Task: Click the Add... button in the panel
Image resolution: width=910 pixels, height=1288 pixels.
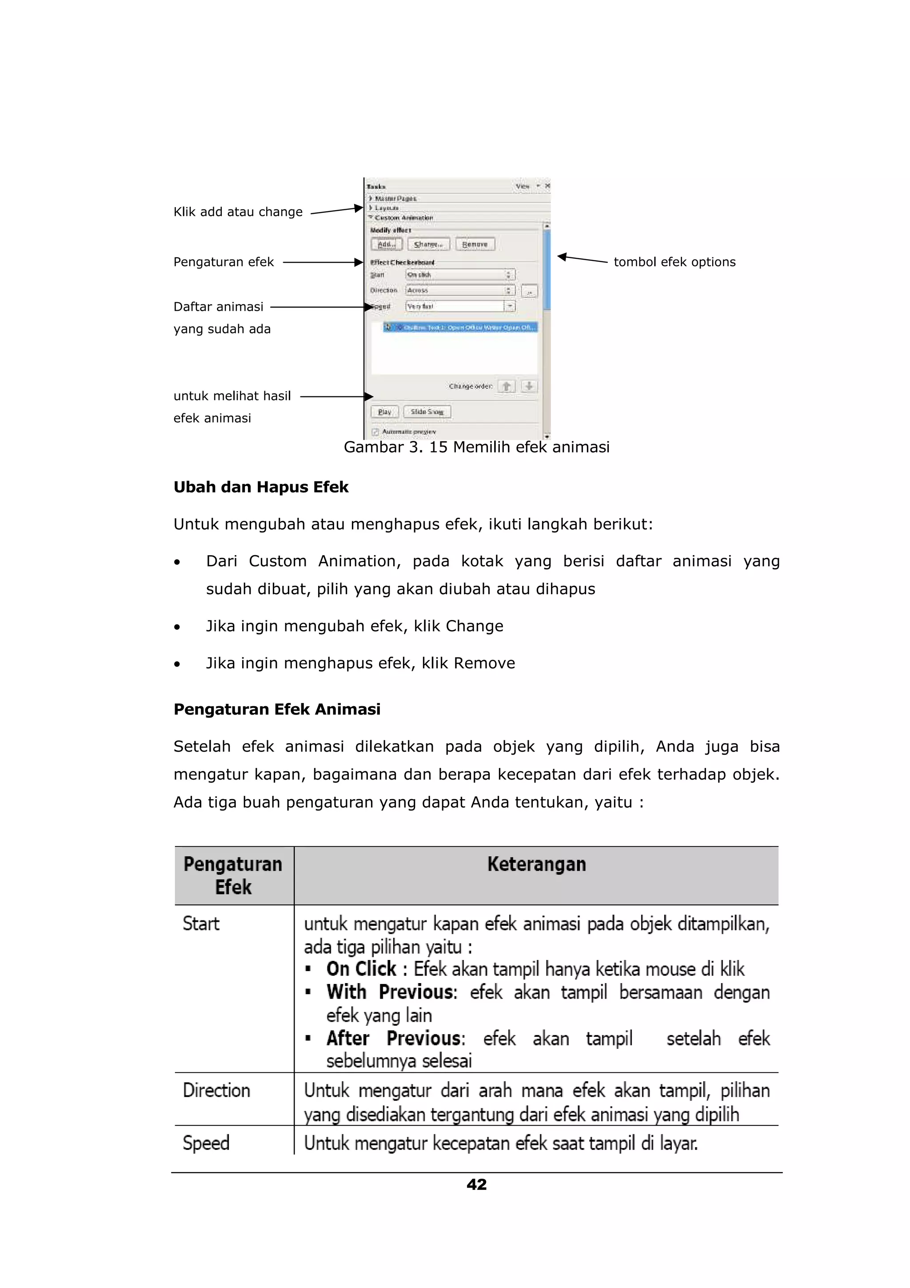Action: coord(386,244)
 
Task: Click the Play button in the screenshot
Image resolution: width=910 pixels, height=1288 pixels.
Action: coord(385,412)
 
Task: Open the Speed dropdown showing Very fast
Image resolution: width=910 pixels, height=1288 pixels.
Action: coord(509,306)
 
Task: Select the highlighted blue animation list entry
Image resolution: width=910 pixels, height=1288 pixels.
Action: coord(460,327)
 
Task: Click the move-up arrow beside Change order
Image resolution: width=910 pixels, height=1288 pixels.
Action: coord(506,386)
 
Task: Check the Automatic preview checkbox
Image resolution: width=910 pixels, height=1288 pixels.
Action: coord(375,432)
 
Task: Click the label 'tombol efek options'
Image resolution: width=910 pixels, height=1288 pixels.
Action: coord(674,262)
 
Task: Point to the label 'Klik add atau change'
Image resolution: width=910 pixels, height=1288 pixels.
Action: coord(238,212)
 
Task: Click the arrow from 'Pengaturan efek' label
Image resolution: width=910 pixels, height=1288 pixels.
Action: coord(323,262)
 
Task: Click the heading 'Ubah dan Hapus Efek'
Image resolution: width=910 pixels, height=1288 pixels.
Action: coord(261,487)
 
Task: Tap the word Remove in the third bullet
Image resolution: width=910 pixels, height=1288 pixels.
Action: coord(484,663)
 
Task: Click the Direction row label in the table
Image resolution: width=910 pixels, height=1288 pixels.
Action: coord(216,1090)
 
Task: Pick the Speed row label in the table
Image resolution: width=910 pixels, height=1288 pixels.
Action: coord(206,1143)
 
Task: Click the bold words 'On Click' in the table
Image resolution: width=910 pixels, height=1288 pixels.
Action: coord(361,969)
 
